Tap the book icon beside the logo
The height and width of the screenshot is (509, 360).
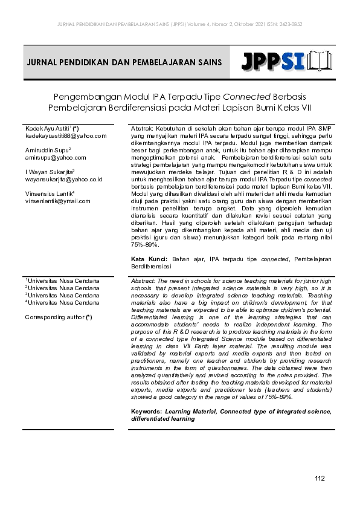tap(320, 62)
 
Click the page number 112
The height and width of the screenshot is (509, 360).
tap(320, 479)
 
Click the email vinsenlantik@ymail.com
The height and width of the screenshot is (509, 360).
tap(57, 201)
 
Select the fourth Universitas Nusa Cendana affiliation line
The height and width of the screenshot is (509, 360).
tap(62, 302)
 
